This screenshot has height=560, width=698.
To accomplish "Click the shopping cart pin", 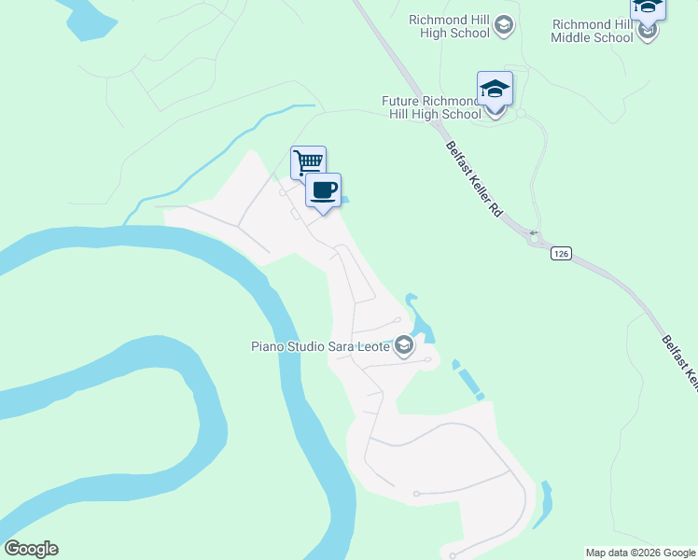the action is pos(308,162).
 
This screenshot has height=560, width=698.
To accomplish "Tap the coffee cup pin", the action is pos(323,191).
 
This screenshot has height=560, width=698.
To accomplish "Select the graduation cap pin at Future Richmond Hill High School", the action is pos(495,91).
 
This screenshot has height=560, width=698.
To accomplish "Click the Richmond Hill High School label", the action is pos(450,26).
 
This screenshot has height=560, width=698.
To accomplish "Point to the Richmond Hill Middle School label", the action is pos(592,32).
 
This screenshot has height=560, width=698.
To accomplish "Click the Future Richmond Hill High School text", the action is pos(431,107).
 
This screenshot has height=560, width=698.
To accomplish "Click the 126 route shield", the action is pos(560,253).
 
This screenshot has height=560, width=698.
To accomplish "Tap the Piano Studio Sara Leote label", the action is pos(320,347).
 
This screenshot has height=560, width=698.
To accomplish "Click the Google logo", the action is pos(31,549).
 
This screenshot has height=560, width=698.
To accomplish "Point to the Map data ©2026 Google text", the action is pos(641,553).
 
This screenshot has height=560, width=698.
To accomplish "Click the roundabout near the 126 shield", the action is pos(536,240).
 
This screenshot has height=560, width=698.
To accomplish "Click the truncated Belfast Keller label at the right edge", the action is pos(679,359).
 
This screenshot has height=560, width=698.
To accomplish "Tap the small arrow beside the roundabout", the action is pos(533,232).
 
